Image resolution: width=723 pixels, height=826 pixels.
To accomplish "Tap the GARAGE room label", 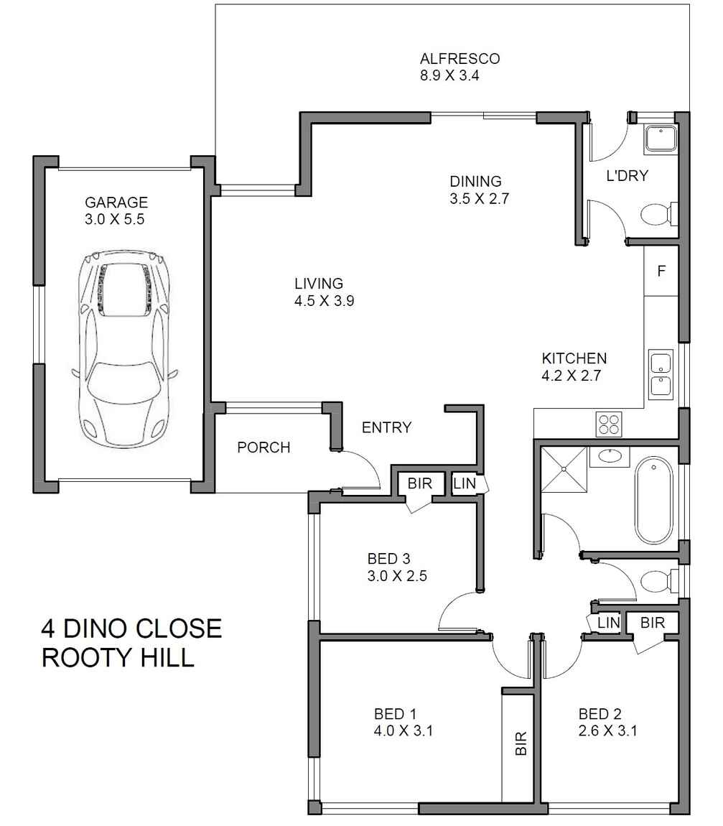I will [x=116, y=203].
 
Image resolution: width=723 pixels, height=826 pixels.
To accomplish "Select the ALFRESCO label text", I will [x=460, y=59].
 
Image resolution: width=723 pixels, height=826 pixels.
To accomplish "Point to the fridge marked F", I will [x=661, y=272].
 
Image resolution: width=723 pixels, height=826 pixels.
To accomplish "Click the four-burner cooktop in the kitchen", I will [x=609, y=424].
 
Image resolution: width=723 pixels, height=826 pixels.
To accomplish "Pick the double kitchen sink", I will [x=661, y=373].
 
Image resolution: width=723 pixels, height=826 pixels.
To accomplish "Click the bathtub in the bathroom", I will [x=654, y=501].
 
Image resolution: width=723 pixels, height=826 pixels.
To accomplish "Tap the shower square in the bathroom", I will [x=564, y=468].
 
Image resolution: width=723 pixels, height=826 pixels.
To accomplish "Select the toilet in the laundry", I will [x=657, y=214].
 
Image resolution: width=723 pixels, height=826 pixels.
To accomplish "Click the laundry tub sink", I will [x=661, y=138].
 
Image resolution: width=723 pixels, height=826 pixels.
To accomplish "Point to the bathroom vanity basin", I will [x=610, y=455].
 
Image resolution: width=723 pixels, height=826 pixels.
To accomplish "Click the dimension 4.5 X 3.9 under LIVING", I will [x=325, y=302].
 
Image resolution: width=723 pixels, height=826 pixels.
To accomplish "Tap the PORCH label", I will [x=263, y=448].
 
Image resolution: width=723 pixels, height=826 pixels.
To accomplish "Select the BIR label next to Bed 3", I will [x=419, y=483].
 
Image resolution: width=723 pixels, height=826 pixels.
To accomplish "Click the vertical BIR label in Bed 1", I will [x=521, y=745].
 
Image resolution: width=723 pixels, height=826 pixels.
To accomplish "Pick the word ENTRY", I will [x=386, y=428].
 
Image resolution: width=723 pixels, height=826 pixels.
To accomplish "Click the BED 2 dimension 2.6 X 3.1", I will [x=608, y=732].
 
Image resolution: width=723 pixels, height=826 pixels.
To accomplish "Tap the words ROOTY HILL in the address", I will [x=118, y=658].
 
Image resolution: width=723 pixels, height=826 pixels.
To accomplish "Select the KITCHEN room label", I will [x=574, y=358].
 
